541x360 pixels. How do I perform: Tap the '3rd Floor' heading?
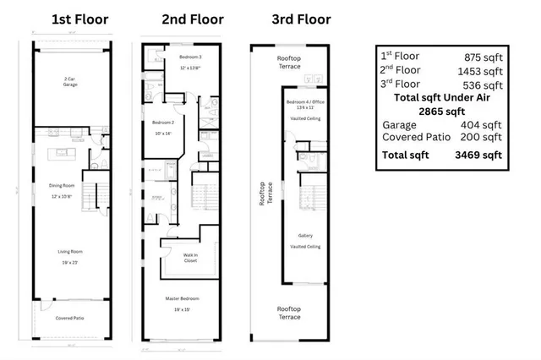[x=301, y=19]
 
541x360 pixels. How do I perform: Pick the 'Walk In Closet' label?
[x=191, y=258]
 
